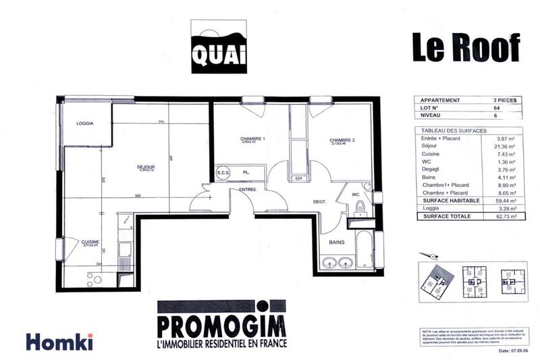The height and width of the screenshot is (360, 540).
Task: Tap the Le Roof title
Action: [466, 47]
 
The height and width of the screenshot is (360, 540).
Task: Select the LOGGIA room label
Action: [85, 123]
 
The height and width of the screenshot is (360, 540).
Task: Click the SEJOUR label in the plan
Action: [146, 167]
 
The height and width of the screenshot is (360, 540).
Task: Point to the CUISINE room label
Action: [90, 242]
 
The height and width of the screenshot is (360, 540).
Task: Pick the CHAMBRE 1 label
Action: [252, 139]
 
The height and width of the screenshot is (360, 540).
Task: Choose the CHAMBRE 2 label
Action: [343, 140]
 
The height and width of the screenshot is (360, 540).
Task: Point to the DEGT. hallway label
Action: [320, 202]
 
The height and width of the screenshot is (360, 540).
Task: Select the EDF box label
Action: [298, 178]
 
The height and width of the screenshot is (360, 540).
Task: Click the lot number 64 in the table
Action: [497, 108]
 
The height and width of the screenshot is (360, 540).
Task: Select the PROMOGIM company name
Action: [221, 325]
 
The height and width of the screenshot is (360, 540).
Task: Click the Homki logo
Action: [59, 342]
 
